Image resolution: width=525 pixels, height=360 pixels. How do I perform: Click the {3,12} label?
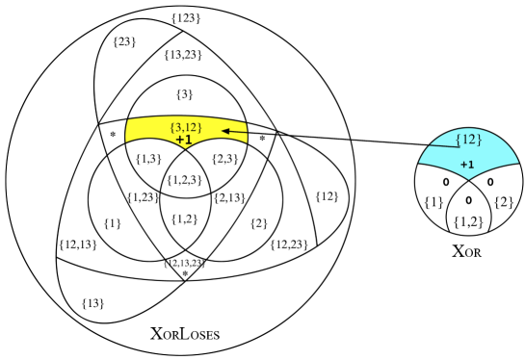click(185, 128)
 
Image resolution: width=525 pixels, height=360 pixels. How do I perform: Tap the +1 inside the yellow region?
click(184, 141)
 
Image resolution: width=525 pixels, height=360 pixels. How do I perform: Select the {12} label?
click(467, 139)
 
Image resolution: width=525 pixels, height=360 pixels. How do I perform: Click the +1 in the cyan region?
click(466, 164)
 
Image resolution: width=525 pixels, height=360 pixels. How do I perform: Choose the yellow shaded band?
click(144, 133)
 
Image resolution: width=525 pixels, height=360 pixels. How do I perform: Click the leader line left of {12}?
click(438, 145)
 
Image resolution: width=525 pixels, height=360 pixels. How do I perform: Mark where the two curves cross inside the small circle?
click(466, 188)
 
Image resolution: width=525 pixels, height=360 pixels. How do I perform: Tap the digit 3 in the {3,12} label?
click(176, 128)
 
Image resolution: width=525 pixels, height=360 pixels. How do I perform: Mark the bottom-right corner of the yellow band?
click(248, 143)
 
